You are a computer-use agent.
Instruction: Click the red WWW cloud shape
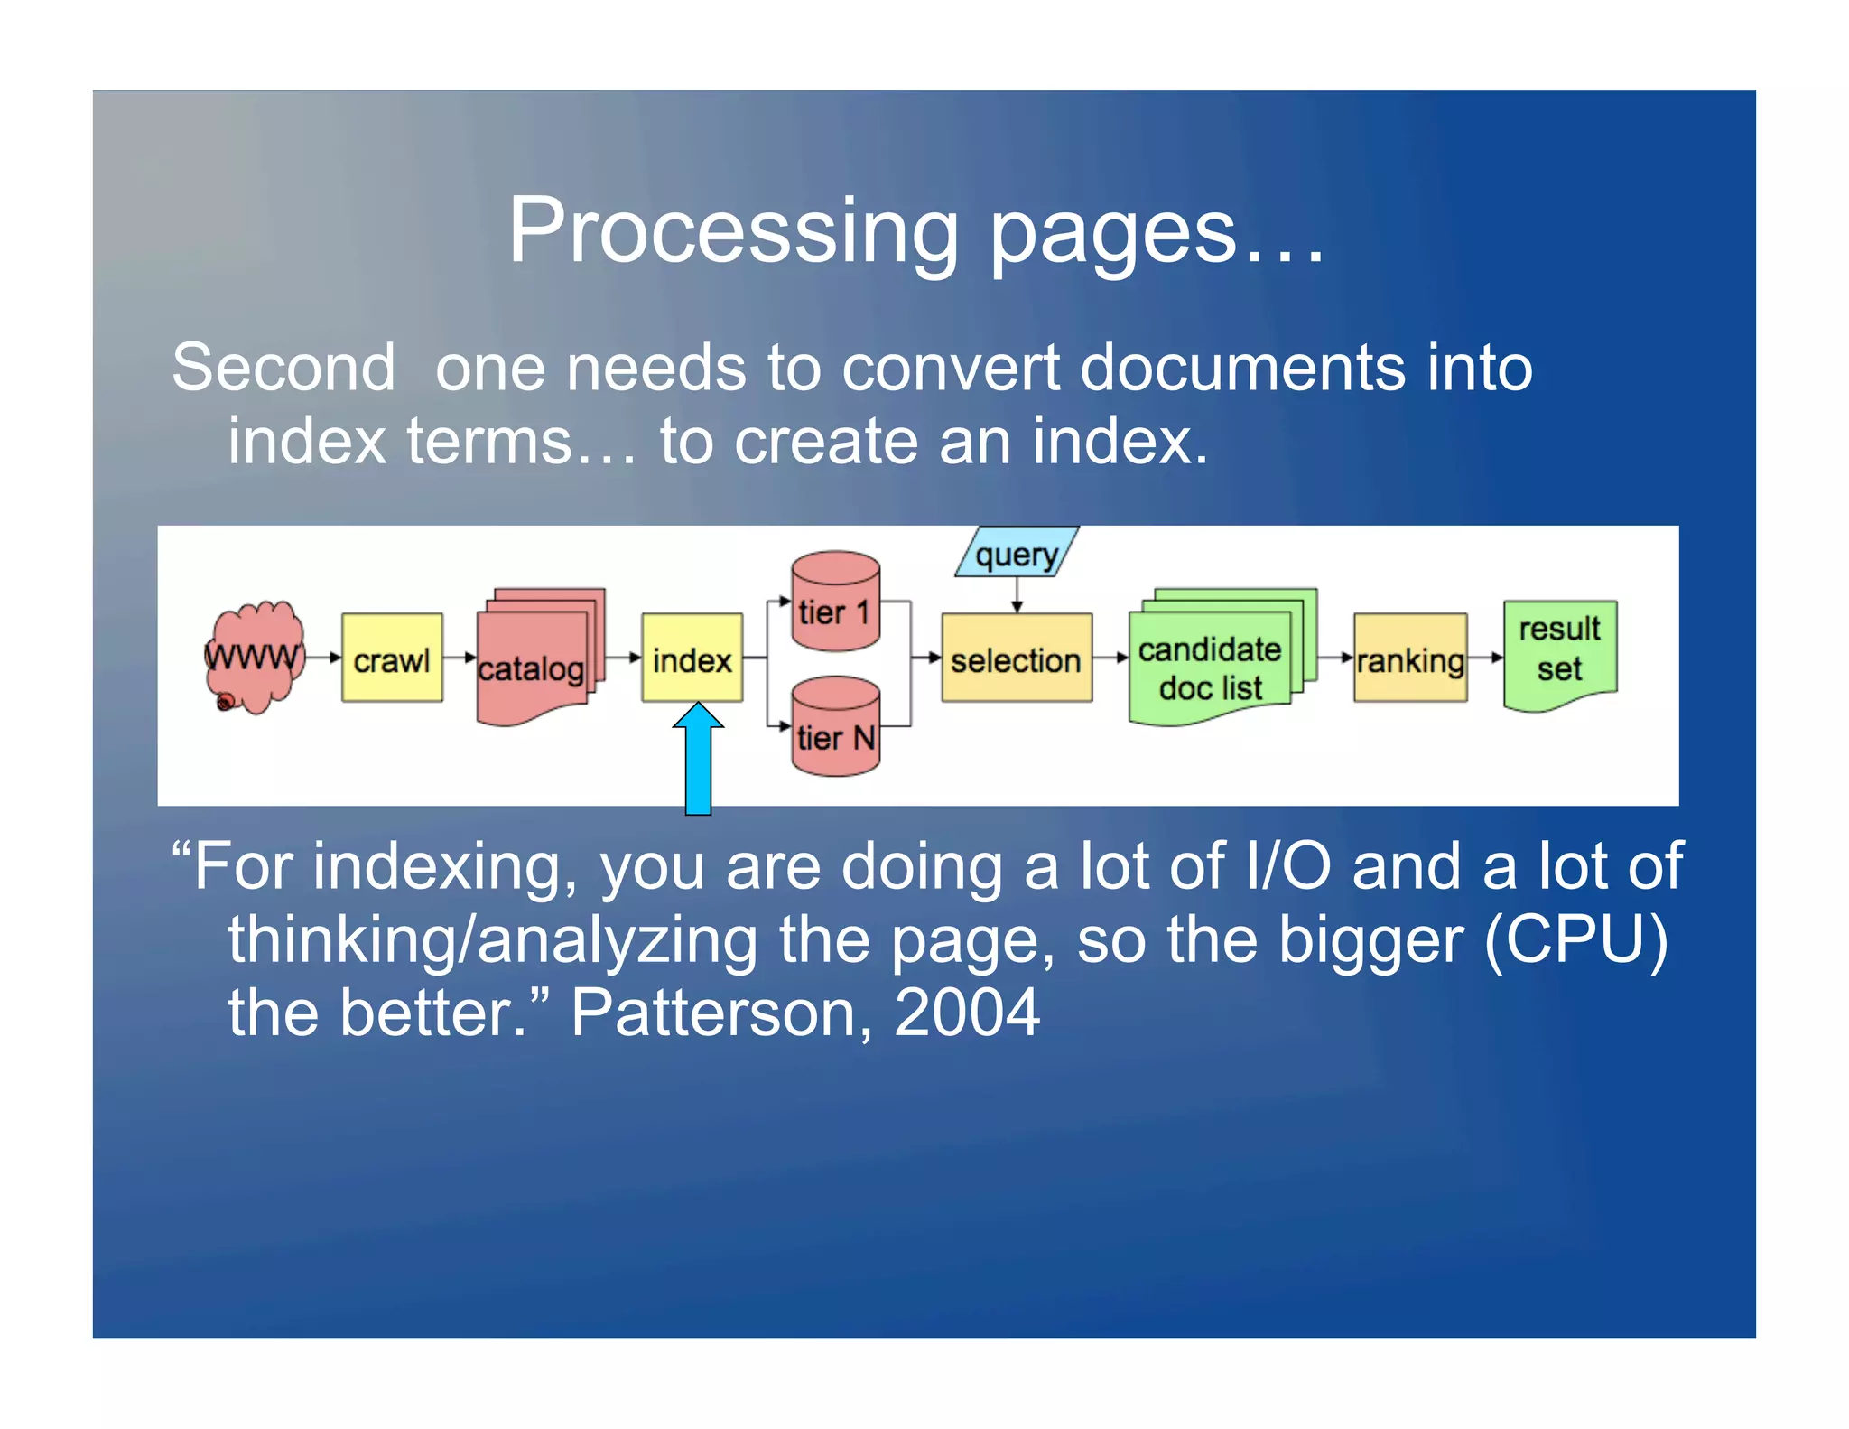[x=255, y=657]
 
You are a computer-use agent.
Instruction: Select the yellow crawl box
[x=392, y=658]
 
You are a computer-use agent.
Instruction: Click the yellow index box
[x=692, y=658]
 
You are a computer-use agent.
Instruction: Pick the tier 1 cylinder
[x=835, y=602]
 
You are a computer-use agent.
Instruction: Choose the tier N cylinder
[x=835, y=728]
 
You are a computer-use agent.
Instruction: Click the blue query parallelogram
[x=1017, y=553]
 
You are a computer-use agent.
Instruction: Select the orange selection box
[x=1017, y=658]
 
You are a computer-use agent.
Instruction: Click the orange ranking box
[x=1410, y=658]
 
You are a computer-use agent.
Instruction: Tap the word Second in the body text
[x=283, y=368]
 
